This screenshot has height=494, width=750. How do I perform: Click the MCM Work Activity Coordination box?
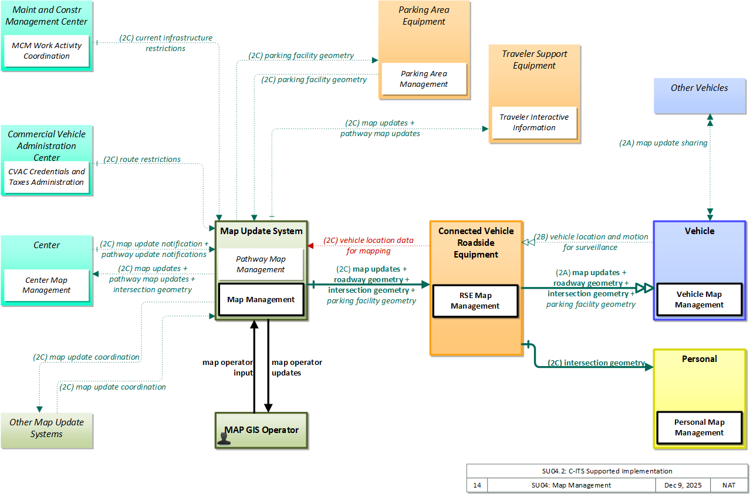[x=46, y=51]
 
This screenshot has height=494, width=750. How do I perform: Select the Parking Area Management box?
[x=424, y=79]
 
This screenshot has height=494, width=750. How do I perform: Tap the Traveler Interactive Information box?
[x=534, y=123]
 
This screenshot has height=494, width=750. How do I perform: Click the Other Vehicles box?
[x=700, y=96]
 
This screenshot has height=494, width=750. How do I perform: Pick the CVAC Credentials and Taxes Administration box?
[x=46, y=177]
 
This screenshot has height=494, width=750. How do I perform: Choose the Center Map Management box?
[x=46, y=285]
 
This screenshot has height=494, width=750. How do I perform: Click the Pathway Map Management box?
[x=261, y=264]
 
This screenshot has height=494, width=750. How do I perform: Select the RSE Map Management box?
[x=475, y=301]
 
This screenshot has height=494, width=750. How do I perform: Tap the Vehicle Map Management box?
[x=699, y=300]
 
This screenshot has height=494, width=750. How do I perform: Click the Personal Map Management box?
[x=699, y=427]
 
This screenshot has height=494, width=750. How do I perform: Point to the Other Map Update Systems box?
[x=46, y=431]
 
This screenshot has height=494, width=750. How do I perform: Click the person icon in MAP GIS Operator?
[x=224, y=439]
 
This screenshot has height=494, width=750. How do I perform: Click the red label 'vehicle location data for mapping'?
[x=369, y=246]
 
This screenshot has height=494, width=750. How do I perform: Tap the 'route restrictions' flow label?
[x=142, y=160]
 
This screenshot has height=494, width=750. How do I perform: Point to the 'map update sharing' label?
[x=663, y=143]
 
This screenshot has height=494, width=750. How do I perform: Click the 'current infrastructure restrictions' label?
[x=165, y=43]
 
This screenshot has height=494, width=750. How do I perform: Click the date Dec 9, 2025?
[x=683, y=485]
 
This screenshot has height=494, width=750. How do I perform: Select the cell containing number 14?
[x=477, y=485]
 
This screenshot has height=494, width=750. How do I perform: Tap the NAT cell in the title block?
[x=729, y=485]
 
